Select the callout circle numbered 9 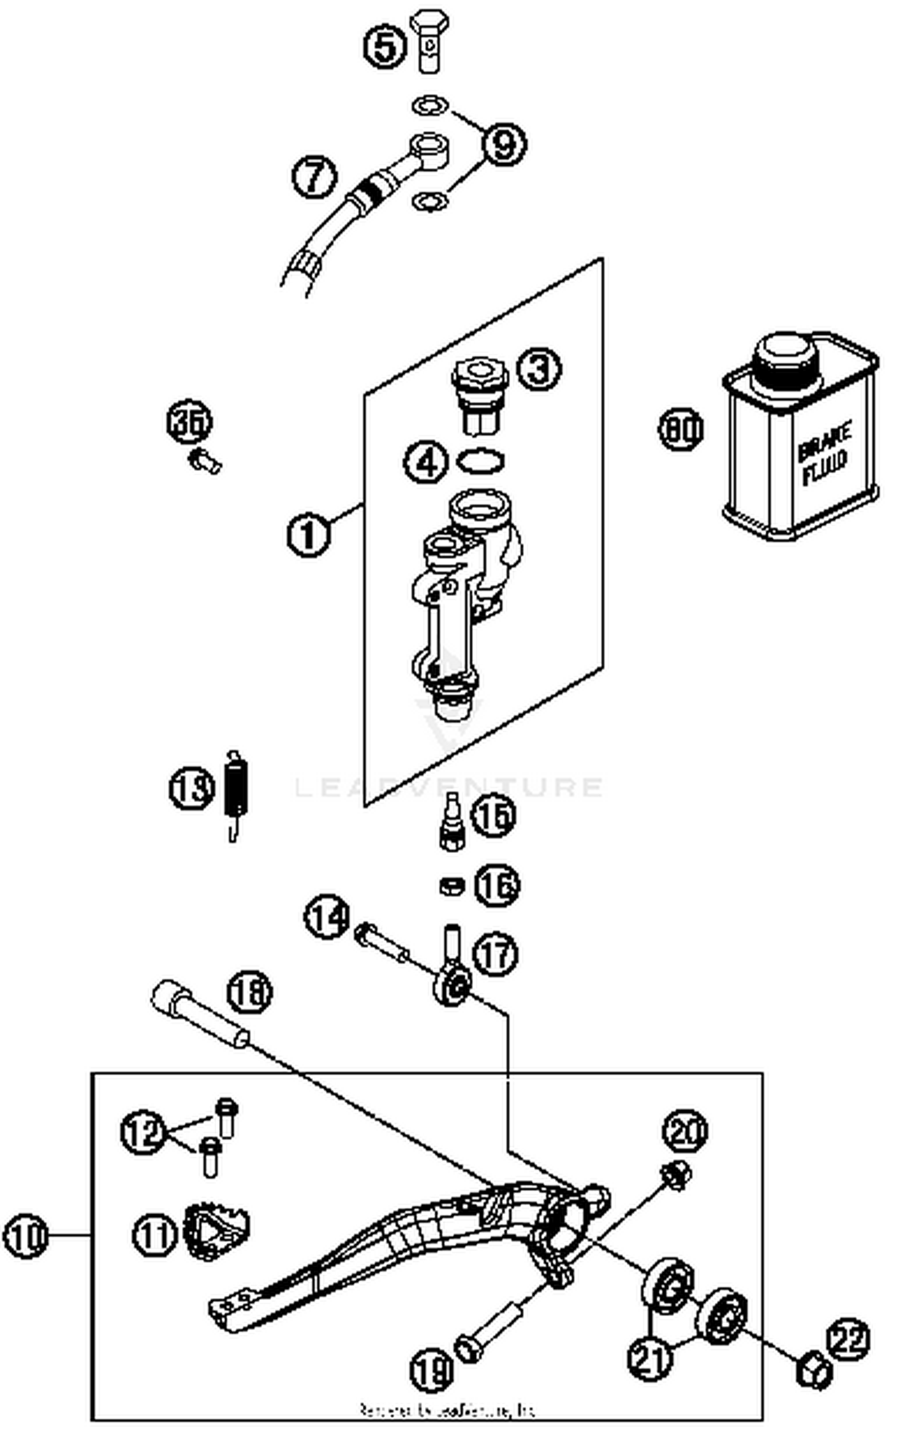click(x=504, y=144)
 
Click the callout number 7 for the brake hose click(x=314, y=176)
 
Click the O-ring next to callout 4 click(x=480, y=461)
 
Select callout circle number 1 click(x=308, y=534)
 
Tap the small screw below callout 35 click(x=205, y=461)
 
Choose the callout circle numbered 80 click(x=681, y=429)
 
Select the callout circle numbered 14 click(x=327, y=917)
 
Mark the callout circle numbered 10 click(x=25, y=1236)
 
